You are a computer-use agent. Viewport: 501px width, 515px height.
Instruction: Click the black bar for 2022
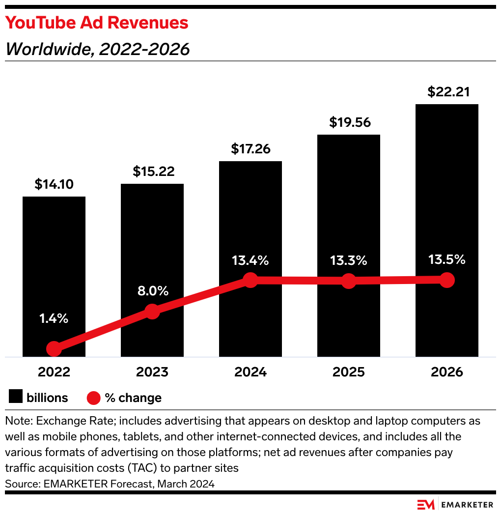[x=54, y=256]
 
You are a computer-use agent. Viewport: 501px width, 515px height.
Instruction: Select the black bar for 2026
[x=446, y=197]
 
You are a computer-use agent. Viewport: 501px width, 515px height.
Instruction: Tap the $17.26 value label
[x=250, y=149]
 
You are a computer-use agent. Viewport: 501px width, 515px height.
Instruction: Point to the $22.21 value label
[x=446, y=92]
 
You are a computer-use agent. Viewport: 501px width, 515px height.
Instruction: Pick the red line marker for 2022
[x=54, y=349]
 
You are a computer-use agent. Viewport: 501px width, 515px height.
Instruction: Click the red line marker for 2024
[x=250, y=281]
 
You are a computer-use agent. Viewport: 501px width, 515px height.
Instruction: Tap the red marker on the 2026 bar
[x=446, y=280]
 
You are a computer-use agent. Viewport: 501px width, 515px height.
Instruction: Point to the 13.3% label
[x=348, y=260]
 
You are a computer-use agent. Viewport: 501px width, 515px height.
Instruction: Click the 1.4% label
[x=54, y=318]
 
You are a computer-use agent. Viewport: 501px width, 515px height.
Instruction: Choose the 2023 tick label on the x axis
[x=152, y=372]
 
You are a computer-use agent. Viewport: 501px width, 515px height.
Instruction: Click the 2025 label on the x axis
[x=348, y=372]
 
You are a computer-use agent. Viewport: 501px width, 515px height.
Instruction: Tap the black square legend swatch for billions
[x=16, y=398]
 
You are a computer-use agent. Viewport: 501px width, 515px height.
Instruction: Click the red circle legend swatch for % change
[x=93, y=398]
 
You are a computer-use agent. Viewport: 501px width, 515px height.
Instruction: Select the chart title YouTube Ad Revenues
[x=97, y=23]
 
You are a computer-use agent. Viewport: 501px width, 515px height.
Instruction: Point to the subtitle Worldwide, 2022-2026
[x=97, y=49]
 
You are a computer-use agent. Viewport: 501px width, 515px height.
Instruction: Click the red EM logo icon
[x=426, y=505]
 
